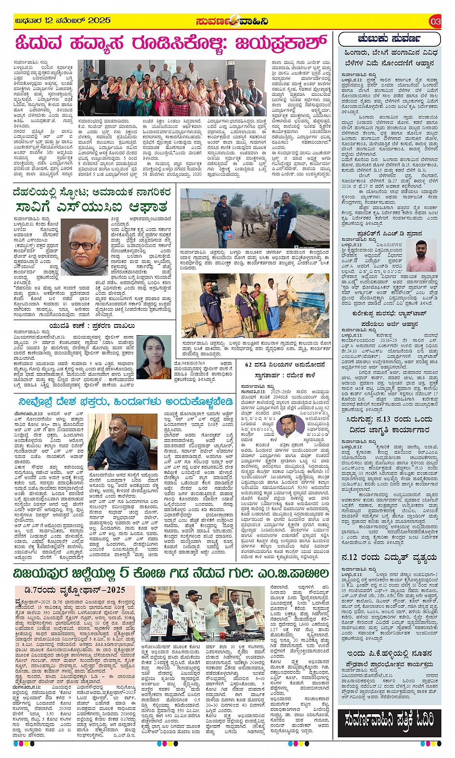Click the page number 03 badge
tap(435, 21)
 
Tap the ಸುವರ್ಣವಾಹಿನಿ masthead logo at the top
tap(232, 21)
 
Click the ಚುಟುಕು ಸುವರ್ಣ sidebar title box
tap(390, 39)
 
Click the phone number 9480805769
tap(189, 363)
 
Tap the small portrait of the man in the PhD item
tap(421, 256)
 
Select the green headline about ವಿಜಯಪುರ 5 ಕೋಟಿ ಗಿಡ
tap(171, 573)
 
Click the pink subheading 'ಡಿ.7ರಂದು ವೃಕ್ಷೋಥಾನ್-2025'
tap(77, 590)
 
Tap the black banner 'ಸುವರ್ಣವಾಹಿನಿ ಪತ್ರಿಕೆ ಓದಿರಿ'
tap(390, 720)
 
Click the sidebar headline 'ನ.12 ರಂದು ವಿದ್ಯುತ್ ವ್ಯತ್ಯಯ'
tap(389, 557)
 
